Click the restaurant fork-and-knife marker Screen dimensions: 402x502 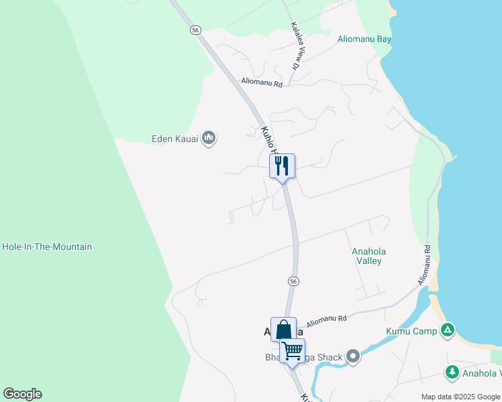click(282, 165)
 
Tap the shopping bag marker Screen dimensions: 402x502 click(283, 329)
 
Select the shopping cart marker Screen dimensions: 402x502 click(292, 350)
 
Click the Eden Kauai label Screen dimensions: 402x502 click(176, 139)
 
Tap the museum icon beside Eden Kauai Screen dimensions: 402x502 click(209, 139)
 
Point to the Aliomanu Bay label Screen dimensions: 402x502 click(365, 39)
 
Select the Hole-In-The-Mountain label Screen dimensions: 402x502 click(47, 247)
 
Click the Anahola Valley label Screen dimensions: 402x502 click(368, 256)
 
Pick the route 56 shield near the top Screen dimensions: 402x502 click(195, 30)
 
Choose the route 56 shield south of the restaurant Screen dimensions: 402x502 click(293, 280)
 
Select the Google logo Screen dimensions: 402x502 click(22, 394)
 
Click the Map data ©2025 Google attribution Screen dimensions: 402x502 click(461, 397)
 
